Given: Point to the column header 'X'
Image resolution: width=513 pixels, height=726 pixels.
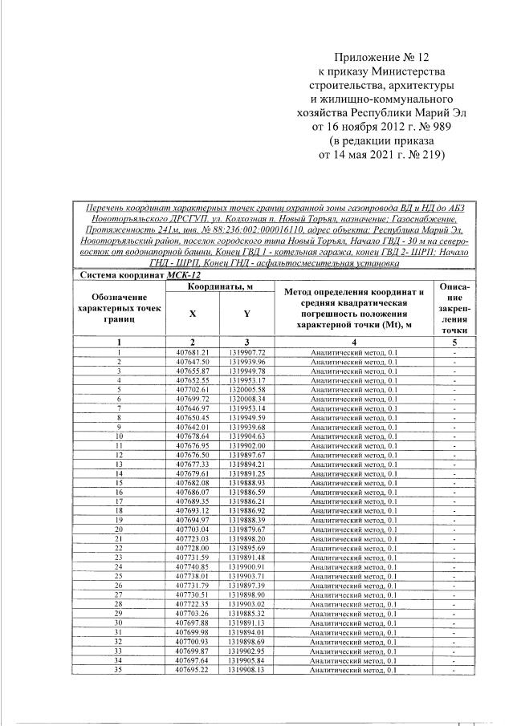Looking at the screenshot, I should [193, 314].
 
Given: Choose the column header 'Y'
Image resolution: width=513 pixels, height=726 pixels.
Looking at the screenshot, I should [246, 314].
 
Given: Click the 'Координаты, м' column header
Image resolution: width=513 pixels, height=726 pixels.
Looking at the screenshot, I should [220, 286].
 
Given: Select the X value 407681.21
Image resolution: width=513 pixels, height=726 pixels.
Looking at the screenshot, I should [193, 352].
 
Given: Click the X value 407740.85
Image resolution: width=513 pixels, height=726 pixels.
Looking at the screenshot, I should [193, 566].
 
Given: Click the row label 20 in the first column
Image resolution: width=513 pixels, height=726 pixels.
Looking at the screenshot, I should [118, 529].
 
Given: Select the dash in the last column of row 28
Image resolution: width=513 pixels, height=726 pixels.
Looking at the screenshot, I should [454, 604].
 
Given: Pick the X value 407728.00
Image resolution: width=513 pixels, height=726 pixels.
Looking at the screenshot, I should [193, 548].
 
